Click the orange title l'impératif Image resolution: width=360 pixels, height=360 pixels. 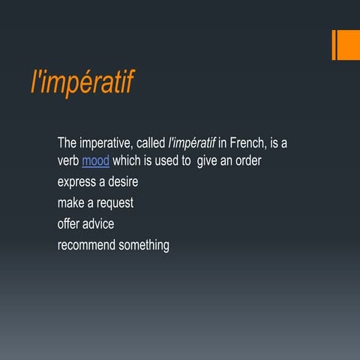(x=82, y=82)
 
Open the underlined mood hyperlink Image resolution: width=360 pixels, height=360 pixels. (x=95, y=160)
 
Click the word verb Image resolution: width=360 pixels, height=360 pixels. (x=68, y=160)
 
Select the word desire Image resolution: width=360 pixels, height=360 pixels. (x=122, y=181)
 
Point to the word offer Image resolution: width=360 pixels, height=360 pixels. (x=70, y=223)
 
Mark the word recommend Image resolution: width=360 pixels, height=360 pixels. (x=86, y=244)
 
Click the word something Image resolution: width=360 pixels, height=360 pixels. (x=144, y=244)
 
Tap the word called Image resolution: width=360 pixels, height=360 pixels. (x=151, y=142)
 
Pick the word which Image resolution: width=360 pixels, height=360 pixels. (x=127, y=160)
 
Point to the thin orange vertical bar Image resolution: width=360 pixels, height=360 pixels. (x=334, y=45)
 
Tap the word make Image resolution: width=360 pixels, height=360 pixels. (x=70, y=202)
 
